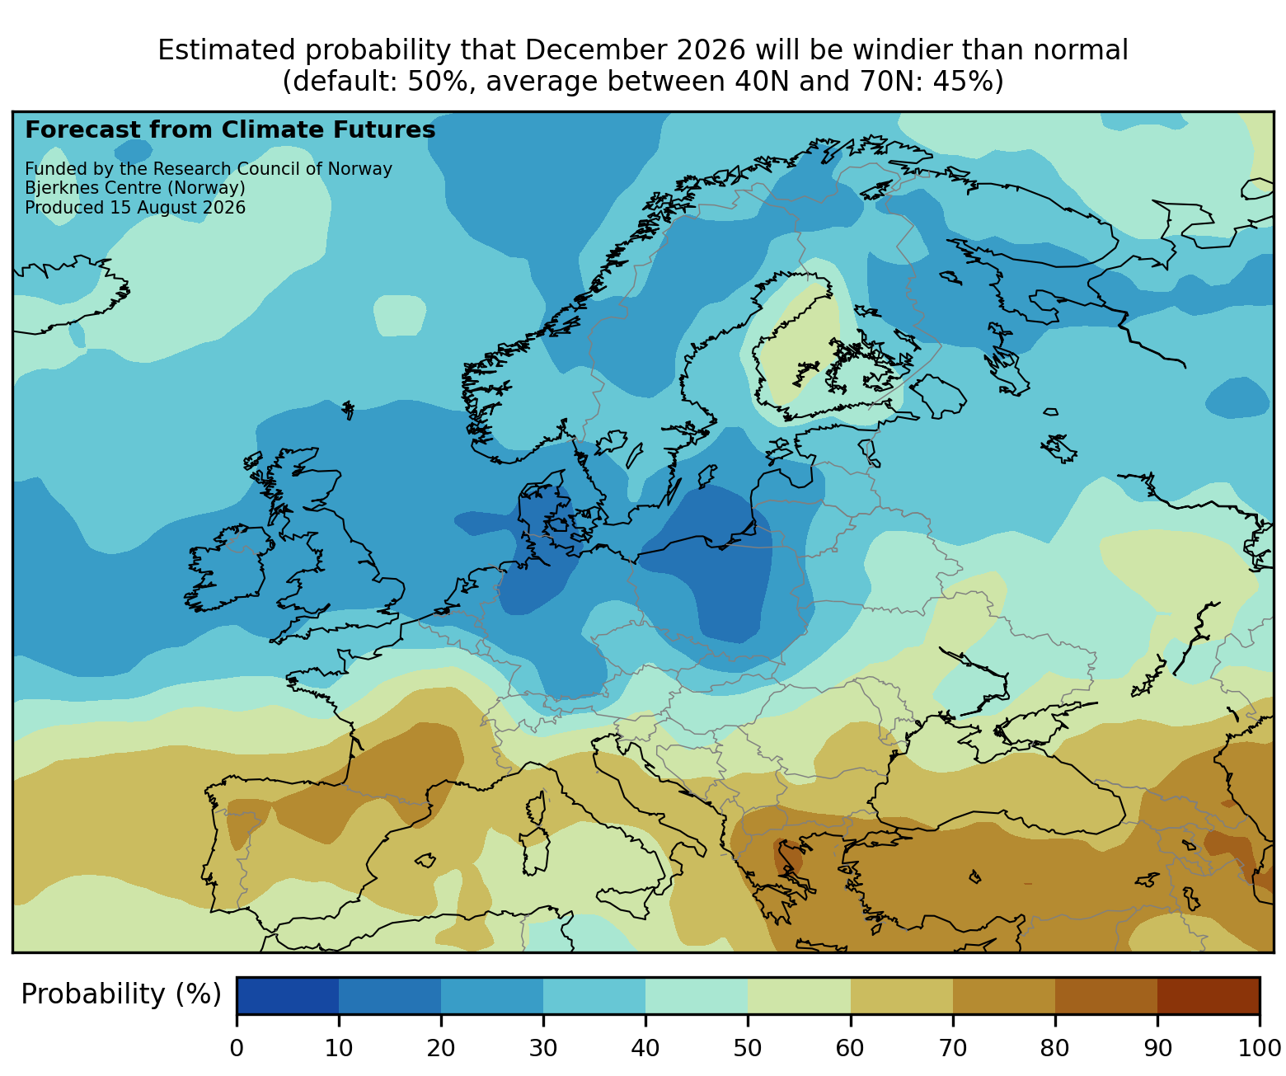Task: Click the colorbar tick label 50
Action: coord(747,1048)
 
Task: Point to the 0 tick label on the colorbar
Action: coord(237,1048)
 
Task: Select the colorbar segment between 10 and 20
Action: coord(390,995)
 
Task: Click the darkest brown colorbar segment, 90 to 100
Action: coord(1209,995)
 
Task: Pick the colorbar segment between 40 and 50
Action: coord(697,995)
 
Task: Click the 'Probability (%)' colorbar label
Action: coord(120,994)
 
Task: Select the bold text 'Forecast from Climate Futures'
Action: coord(230,130)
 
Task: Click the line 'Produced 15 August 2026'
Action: coord(135,208)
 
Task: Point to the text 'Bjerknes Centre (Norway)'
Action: coord(135,188)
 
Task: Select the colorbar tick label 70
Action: coord(952,1048)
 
